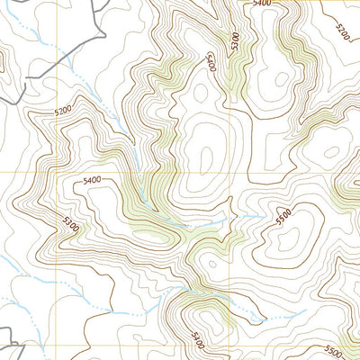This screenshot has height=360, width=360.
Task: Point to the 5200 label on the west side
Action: [x=61, y=111]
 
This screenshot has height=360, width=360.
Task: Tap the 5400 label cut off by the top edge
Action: [x=262, y=4]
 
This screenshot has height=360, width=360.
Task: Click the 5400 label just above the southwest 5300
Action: [x=92, y=181]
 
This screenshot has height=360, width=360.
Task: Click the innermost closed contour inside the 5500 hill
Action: [x=290, y=238]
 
